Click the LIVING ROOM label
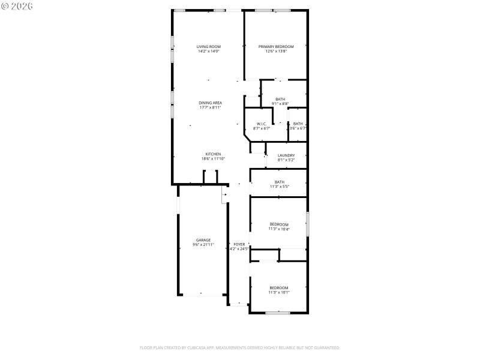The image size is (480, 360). [x=209, y=47]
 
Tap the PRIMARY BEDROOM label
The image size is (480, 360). [x=276, y=47]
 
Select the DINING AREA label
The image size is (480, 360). [x=210, y=103]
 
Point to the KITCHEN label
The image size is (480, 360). [x=213, y=154]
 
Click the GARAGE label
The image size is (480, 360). [x=203, y=240]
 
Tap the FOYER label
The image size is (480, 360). [x=239, y=244]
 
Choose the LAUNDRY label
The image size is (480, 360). [x=286, y=155]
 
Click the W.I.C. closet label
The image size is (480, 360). [x=262, y=124]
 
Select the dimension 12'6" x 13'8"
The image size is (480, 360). [x=276, y=52]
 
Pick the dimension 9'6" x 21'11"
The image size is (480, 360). [x=203, y=245]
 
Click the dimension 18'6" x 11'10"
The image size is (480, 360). [x=213, y=158]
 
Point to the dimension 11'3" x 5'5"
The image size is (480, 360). [x=280, y=187]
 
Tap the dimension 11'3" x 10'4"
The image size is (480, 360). [x=279, y=229]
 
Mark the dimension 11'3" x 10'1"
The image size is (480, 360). [x=279, y=292]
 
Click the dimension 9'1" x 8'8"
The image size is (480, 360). [x=280, y=104]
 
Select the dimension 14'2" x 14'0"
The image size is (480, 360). [x=209, y=52]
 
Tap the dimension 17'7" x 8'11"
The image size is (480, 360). [x=211, y=107]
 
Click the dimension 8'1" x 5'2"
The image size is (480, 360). [x=286, y=160]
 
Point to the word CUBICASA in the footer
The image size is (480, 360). [x=224, y=347]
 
